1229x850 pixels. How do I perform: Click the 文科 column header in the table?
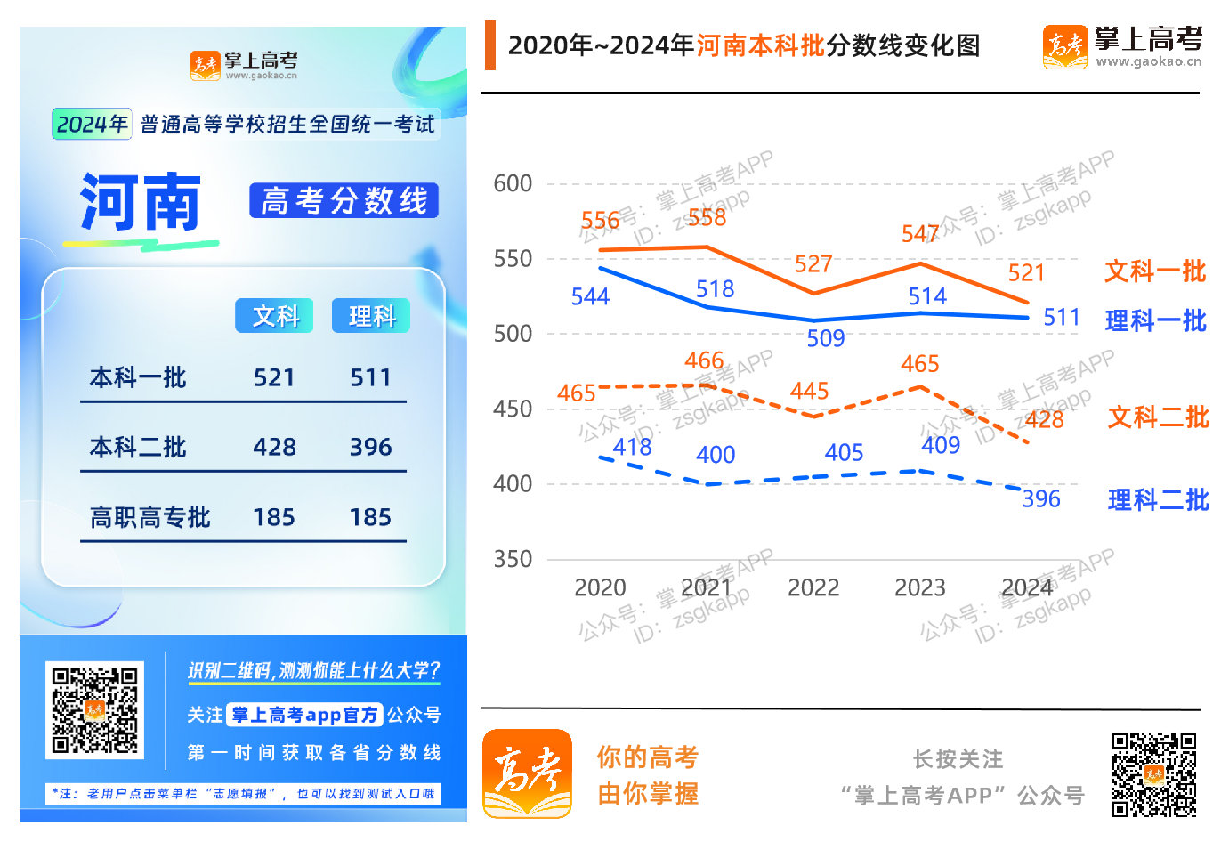click(274, 316)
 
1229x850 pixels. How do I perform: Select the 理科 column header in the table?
click(371, 316)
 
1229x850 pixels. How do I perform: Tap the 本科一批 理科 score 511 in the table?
click(370, 378)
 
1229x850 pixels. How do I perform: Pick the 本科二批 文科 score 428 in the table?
click(274, 447)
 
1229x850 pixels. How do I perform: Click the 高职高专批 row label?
click(150, 517)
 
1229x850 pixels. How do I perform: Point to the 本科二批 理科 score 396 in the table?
click(370, 447)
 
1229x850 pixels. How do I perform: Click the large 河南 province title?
click(141, 203)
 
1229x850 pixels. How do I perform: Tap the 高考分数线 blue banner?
click(344, 201)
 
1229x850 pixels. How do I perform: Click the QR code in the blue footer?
click(94, 709)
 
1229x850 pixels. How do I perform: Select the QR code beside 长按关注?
click(1153, 774)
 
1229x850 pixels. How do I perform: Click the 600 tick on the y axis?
click(513, 184)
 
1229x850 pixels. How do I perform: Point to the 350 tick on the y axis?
click(513, 560)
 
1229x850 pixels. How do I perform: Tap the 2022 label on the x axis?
click(813, 588)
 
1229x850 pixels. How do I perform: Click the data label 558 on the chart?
click(707, 218)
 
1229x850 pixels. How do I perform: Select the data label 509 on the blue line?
click(826, 339)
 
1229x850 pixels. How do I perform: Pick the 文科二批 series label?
click(1158, 417)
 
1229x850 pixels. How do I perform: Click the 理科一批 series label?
click(1155, 321)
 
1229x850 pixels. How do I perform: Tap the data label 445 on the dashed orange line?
click(809, 392)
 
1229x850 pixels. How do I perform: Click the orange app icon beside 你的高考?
click(527, 773)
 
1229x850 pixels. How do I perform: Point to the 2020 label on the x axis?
click(600, 588)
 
